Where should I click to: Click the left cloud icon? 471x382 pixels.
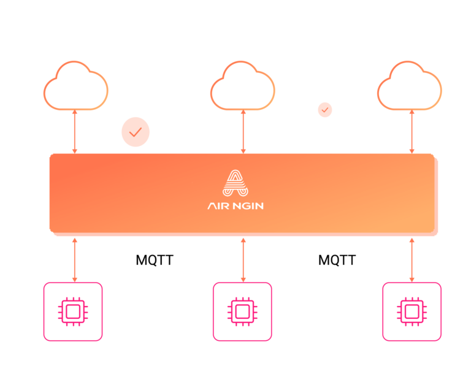point(75,87)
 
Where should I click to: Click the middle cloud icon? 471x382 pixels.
point(242,87)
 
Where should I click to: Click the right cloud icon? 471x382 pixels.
point(409,87)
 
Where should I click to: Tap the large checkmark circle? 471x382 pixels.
point(136,132)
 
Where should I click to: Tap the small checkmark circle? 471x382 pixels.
point(325,110)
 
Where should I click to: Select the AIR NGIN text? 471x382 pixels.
point(235,206)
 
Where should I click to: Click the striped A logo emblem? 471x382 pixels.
point(235,183)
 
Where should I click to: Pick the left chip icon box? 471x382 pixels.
point(73,311)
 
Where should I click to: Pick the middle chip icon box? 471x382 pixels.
point(242,311)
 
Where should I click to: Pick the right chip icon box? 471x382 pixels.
point(412,311)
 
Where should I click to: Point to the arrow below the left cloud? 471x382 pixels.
point(75,132)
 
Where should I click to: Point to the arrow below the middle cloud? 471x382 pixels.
point(243,132)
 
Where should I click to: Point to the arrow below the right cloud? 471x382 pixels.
point(412,132)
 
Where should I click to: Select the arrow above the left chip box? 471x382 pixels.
point(75,259)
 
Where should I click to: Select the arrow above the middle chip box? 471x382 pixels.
point(243,259)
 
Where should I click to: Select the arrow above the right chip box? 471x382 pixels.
point(412,259)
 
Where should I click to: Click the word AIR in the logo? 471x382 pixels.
point(219,206)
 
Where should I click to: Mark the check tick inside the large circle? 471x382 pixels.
point(136,132)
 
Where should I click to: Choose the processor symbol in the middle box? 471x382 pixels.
point(242,311)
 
